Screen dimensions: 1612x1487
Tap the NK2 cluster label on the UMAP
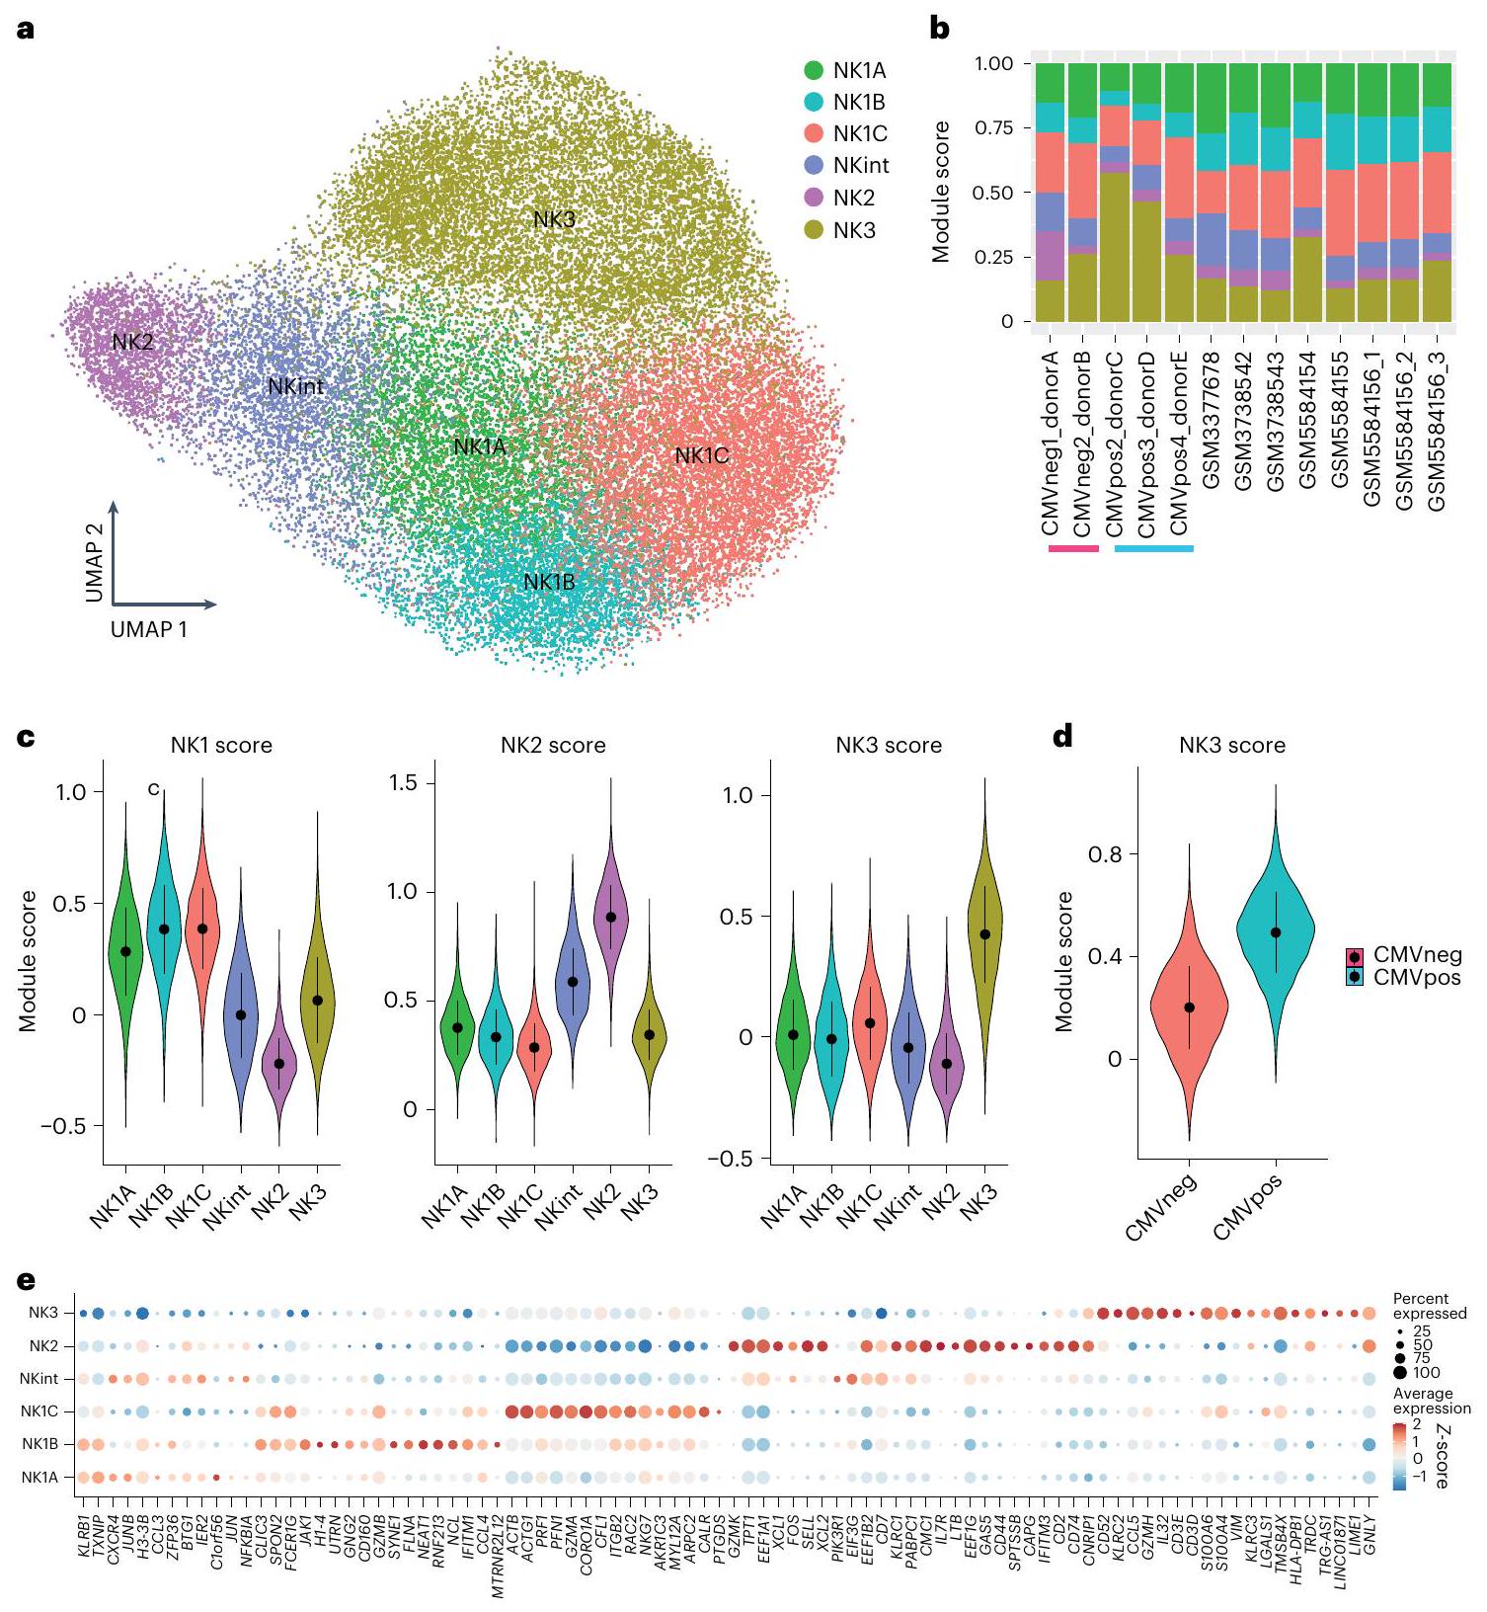click(x=132, y=343)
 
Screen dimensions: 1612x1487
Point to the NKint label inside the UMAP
click(x=295, y=387)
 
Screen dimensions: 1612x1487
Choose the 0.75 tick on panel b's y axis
click(x=993, y=128)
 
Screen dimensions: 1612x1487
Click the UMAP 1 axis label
click(x=149, y=629)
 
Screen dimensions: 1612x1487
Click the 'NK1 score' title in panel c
click(x=221, y=745)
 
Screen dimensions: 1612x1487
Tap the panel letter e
click(x=27, y=1281)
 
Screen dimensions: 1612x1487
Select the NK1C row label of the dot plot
click(x=39, y=1411)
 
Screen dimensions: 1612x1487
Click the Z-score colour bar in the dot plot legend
click(x=1400, y=1455)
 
